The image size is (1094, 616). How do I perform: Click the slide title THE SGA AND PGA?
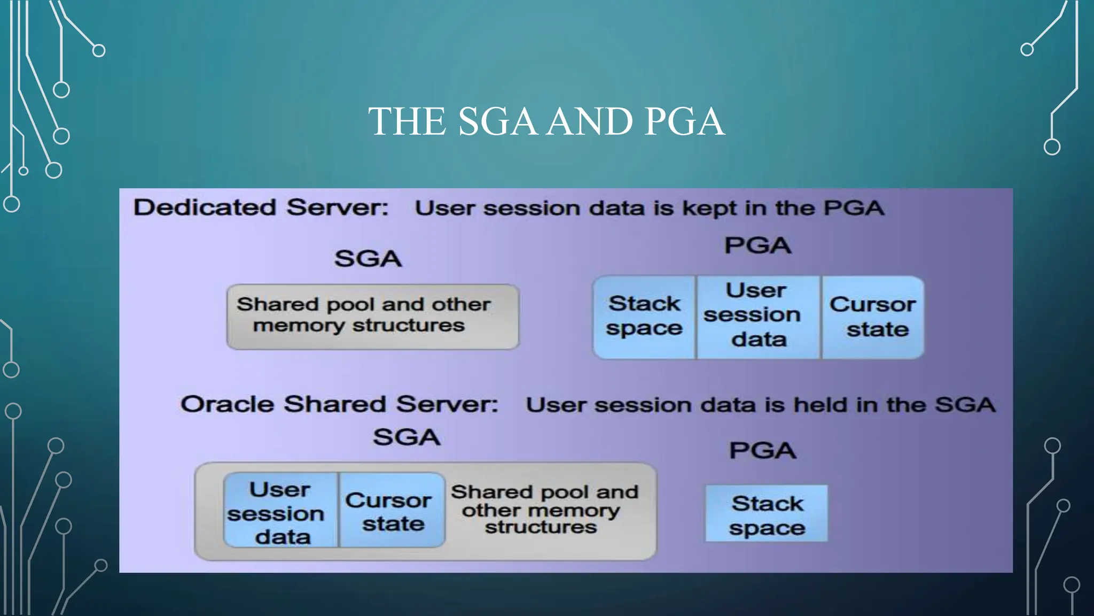tap(546, 121)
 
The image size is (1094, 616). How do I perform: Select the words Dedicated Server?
tap(261, 207)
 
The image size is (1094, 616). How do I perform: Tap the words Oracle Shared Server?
tap(339, 404)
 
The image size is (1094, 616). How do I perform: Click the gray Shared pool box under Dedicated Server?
tap(372, 317)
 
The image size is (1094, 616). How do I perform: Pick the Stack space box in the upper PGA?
tap(644, 317)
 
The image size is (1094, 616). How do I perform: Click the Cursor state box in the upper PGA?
tap(873, 317)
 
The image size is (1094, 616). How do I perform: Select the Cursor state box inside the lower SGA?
tap(392, 511)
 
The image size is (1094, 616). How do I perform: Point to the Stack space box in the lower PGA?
tap(767, 514)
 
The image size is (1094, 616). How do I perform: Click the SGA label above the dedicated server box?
tap(368, 259)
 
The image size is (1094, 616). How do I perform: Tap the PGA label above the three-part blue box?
tap(757, 245)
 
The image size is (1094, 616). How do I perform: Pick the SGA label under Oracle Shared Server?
tap(407, 437)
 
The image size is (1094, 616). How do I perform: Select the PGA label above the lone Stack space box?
tap(763, 450)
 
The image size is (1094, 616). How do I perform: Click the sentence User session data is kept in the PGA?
tap(649, 208)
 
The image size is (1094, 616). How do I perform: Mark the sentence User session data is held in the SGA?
tap(760, 405)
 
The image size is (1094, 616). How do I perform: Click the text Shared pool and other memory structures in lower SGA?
tap(544, 509)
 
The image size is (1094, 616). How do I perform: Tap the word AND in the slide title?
tap(591, 121)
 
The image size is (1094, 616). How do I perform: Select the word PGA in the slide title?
tap(684, 121)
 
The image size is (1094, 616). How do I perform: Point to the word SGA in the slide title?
tap(497, 121)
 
